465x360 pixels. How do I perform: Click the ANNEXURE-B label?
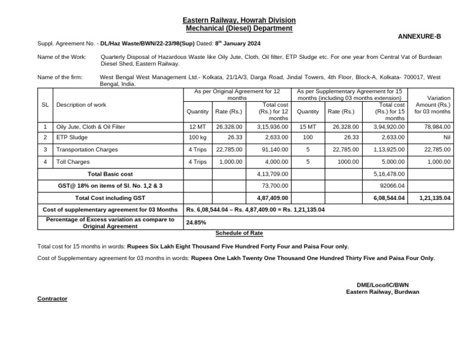[x=419, y=36]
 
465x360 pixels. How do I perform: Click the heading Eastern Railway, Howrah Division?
[x=239, y=21]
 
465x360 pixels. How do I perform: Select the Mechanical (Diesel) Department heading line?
[x=239, y=28]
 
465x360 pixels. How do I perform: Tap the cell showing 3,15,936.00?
[x=273, y=127]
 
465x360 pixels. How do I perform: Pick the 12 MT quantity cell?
[x=197, y=127]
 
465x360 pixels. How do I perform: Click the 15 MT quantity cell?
[x=308, y=127]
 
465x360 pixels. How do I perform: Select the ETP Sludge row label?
[x=72, y=138]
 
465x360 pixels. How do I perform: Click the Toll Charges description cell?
[x=73, y=162]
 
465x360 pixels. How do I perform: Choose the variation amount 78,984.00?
[x=437, y=127]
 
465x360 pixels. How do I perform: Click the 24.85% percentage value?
[x=197, y=222]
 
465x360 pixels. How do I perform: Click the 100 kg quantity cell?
[x=197, y=138]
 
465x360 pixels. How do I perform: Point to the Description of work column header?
[x=81, y=105]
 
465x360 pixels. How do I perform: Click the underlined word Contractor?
[x=52, y=299]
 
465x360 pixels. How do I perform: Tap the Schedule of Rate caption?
[x=239, y=233]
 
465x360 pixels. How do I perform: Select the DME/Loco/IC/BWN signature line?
[x=382, y=284]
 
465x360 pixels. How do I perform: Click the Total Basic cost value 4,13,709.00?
[x=273, y=174]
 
